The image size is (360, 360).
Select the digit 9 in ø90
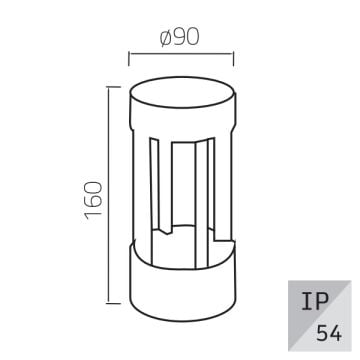(x=182, y=37)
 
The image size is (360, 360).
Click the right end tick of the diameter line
(x=233, y=54)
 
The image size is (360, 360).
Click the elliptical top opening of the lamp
(x=183, y=101)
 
